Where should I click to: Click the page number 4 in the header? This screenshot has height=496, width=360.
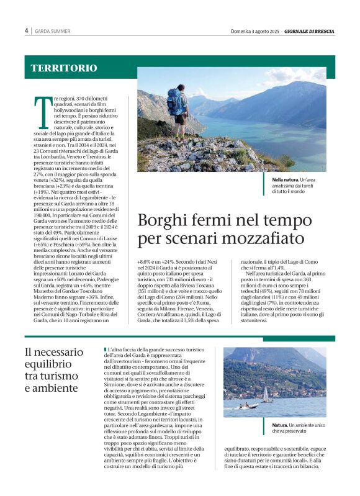coord(27,30)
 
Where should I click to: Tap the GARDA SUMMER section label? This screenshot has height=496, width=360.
coord(52,31)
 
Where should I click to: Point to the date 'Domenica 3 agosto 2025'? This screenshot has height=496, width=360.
coord(251,31)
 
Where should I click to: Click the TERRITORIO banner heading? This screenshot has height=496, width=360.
coord(64,68)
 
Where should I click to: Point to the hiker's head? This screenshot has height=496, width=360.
coord(181,88)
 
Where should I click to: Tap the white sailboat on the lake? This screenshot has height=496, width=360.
coord(266,394)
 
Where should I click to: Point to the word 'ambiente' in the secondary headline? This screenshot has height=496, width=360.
coord(58,388)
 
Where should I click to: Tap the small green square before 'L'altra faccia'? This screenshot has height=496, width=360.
coord(106,351)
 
